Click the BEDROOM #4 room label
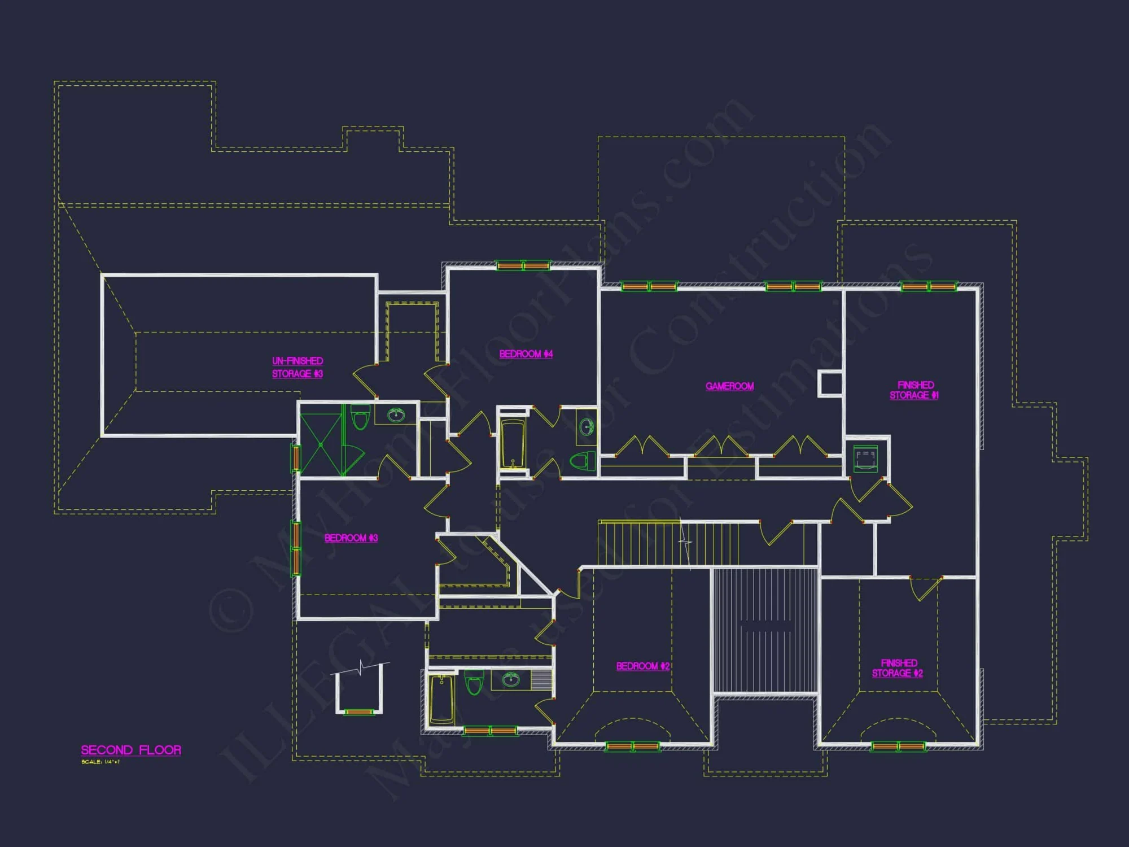pos(526,354)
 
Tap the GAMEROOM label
pos(729,386)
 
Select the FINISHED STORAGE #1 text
pos(914,390)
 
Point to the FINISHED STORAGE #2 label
pos(898,668)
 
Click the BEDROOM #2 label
pos(642,666)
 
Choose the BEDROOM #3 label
pos(351,538)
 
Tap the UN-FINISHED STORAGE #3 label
pos(297,367)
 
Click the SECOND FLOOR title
pos(131,750)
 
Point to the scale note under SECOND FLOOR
pos(100,762)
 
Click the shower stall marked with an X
pos(321,445)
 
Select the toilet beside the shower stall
pos(360,418)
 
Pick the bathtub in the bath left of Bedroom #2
pos(441,700)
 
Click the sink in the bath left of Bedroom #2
pos(511,679)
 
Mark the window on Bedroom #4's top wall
pos(523,265)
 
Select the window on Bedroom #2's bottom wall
pos(632,746)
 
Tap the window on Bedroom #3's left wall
pos(295,548)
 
